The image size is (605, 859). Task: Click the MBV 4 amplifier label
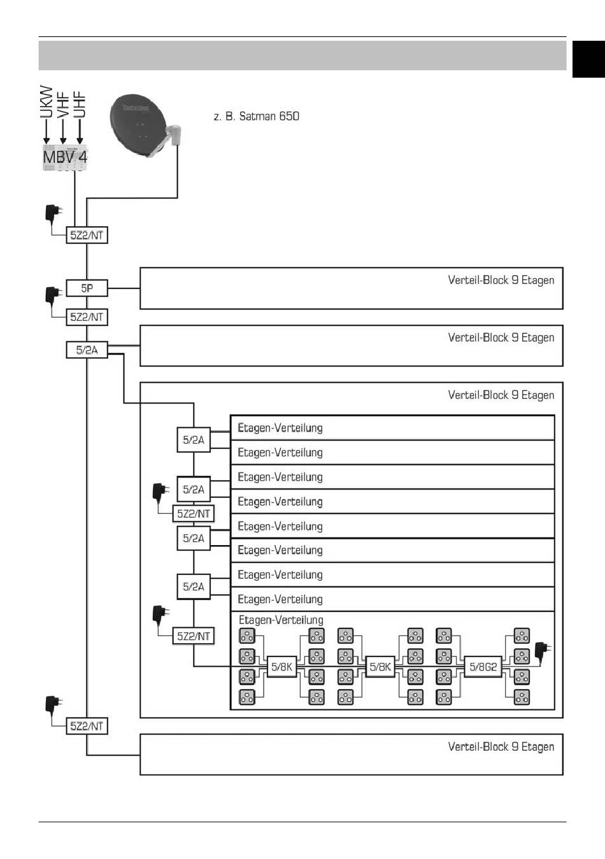point(65,156)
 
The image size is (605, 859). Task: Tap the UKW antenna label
point(46,102)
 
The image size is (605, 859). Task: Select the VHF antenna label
point(62,104)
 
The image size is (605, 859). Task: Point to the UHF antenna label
point(79,104)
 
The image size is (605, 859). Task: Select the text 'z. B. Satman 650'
point(256,117)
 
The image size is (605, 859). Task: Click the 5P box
point(87,288)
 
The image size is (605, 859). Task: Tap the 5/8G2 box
point(483,667)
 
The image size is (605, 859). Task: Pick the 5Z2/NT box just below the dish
point(87,235)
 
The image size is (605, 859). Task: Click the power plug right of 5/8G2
point(543,651)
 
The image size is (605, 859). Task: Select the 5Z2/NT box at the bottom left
point(87,726)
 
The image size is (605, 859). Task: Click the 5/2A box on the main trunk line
point(87,350)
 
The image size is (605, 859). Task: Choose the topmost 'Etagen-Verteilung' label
point(280,428)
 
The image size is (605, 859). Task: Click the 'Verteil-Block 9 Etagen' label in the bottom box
point(501,746)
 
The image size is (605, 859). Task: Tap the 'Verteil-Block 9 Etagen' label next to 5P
point(501,280)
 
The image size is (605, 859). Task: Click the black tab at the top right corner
point(588,59)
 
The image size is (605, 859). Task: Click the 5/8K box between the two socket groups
point(380,667)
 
